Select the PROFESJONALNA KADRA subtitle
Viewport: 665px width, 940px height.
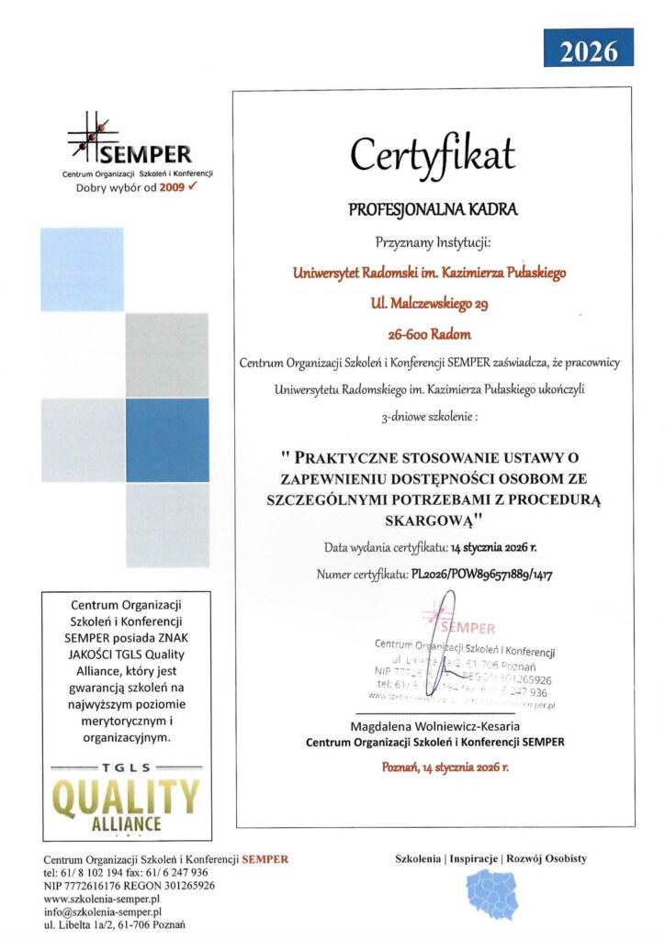[433, 209]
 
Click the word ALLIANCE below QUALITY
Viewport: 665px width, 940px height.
[127, 822]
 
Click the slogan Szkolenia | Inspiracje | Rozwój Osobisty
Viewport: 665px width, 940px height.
[491, 859]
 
